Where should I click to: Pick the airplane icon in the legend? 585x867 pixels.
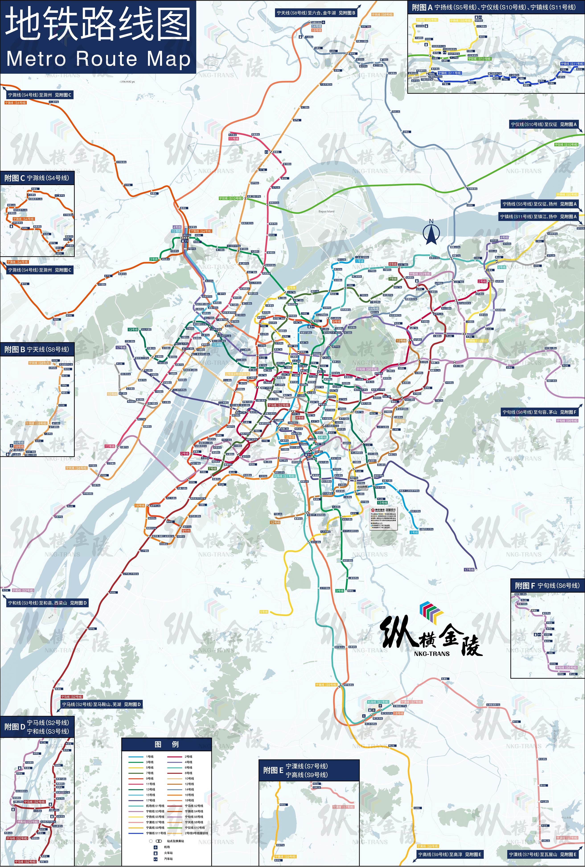(156, 847)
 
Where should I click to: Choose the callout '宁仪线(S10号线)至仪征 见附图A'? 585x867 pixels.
(544, 124)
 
